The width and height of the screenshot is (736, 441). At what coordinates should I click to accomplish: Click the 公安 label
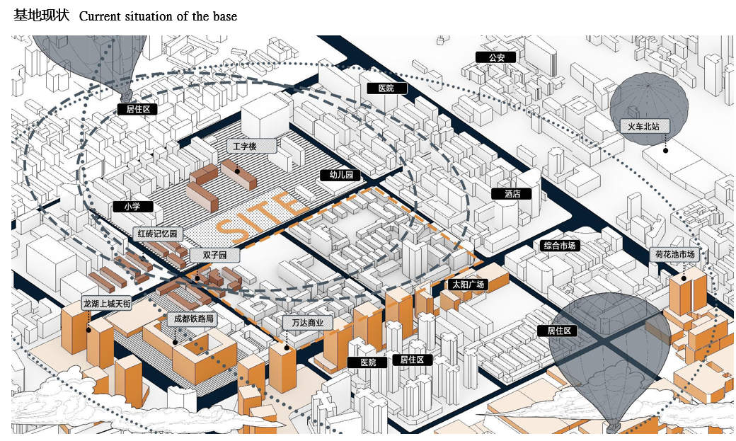[490, 57]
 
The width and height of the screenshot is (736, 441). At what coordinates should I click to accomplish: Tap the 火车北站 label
[643, 126]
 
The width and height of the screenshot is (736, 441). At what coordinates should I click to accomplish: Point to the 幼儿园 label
[340, 175]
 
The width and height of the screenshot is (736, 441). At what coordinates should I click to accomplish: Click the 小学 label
[132, 207]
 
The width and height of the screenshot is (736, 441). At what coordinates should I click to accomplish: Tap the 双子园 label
[214, 254]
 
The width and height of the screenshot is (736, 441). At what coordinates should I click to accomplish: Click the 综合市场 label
[559, 246]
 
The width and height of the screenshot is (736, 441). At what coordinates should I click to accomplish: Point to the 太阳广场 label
[468, 285]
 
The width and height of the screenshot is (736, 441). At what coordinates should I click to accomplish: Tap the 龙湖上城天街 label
[107, 303]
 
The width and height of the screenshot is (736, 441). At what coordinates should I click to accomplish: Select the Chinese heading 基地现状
[41, 15]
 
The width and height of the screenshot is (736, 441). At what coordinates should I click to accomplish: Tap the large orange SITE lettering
[260, 214]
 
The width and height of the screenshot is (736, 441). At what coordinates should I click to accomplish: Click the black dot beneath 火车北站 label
[665, 150]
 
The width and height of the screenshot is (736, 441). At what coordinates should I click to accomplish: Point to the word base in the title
[224, 16]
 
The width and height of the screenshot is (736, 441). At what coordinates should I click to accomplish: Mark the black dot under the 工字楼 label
[238, 171]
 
